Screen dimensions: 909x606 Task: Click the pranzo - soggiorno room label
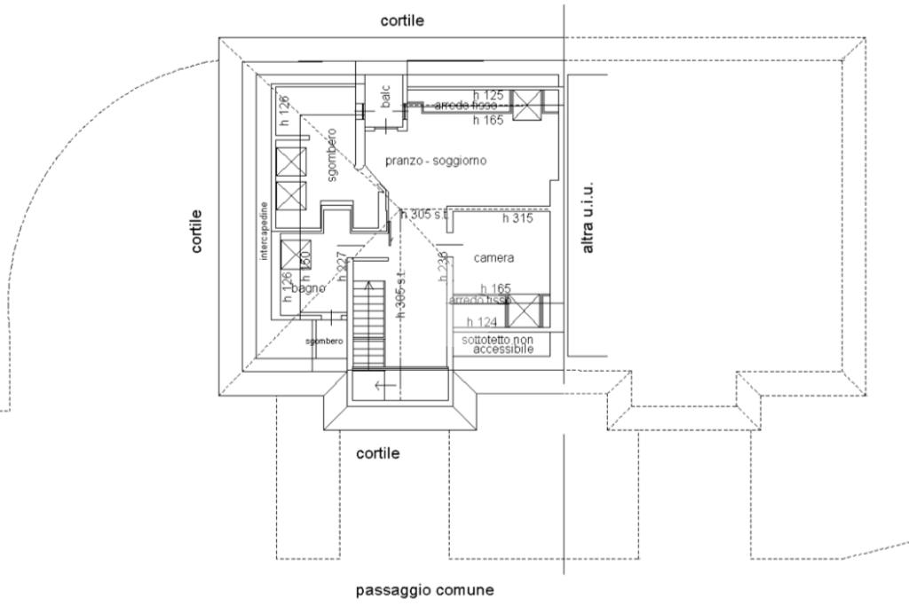436,161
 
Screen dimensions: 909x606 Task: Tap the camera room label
494,258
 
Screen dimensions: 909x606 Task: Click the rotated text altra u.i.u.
588,219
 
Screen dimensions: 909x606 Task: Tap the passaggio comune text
424,590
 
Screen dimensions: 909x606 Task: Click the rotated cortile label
196,231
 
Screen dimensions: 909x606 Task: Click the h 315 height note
518,218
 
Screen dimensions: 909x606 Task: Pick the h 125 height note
488,94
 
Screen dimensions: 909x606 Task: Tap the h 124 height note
482,322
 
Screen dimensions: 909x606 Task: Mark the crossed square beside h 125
527,105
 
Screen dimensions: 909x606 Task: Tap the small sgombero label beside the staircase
324,342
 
